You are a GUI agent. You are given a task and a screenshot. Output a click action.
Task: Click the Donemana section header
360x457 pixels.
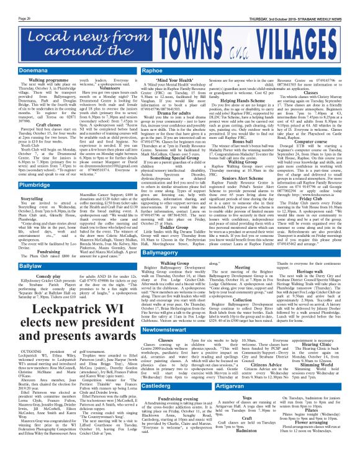[25, 73]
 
